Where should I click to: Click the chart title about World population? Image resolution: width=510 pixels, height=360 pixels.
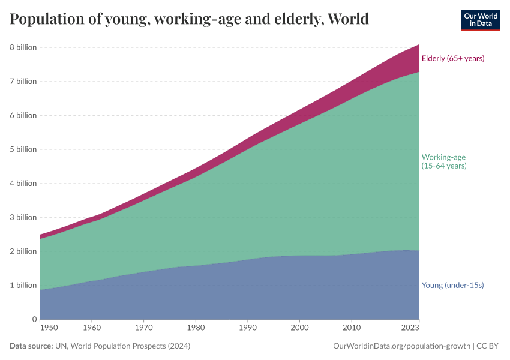(189, 19)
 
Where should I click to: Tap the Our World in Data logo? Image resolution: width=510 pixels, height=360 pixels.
(480, 20)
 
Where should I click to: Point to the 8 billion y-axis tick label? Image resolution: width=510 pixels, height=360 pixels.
(23, 47)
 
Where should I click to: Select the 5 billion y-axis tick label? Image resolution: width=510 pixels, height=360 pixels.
(23, 149)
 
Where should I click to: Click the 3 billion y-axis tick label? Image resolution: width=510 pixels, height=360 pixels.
(23, 217)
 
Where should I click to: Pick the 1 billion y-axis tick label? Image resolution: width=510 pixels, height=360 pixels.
(23, 286)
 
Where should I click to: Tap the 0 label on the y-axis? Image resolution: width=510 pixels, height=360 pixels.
(34, 319)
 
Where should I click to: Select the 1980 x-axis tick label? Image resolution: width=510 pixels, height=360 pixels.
(194, 329)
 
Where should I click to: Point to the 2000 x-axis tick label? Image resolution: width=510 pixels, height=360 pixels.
(299, 329)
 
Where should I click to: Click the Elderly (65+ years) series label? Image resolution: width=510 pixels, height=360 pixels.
(452, 59)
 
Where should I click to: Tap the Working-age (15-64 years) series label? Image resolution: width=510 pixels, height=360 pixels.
(444, 161)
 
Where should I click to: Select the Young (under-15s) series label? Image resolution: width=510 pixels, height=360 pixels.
(452, 286)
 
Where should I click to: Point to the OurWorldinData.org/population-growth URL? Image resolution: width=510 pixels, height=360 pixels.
(401, 346)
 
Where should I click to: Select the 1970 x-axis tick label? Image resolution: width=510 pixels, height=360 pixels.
(142, 329)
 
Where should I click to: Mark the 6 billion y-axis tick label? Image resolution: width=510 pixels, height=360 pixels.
(23, 115)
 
